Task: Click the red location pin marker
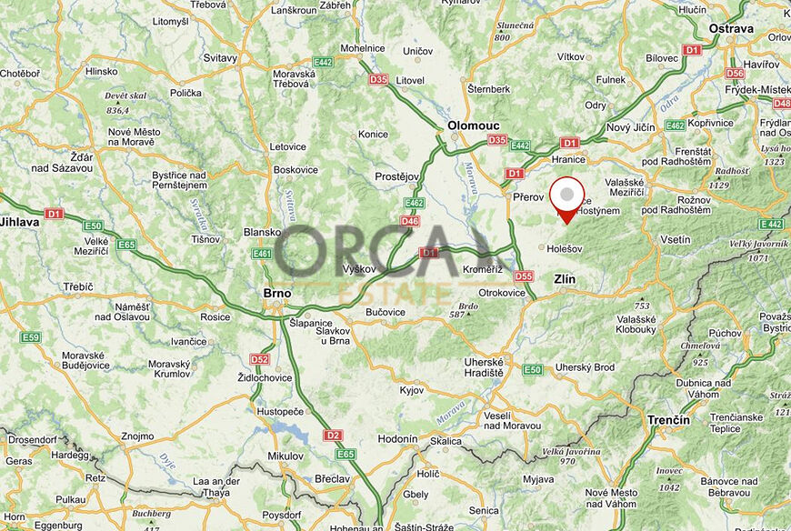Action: click(x=568, y=196)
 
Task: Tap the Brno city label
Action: click(x=276, y=293)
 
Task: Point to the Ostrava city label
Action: click(x=733, y=28)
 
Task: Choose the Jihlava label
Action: click(x=19, y=221)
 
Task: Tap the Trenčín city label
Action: click(x=668, y=420)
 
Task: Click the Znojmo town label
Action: click(x=136, y=436)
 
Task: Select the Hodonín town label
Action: click(x=397, y=438)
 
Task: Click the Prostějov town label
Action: click(x=395, y=176)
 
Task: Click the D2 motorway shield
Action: click(x=332, y=436)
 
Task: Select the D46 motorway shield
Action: click(x=409, y=221)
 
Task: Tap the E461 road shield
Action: click(x=263, y=254)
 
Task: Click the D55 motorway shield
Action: click(x=523, y=276)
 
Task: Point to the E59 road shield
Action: click(x=31, y=337)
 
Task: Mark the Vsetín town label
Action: click(x=675, y=239)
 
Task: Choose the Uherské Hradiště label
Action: click(x=483, y=366)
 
